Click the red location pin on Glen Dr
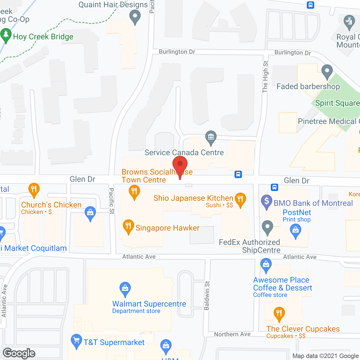tap(180, 165)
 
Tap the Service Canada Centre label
tap(184, 152)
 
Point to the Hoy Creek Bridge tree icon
tap(6, 35)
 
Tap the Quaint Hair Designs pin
tap(135, 16)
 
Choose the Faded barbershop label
tap(308, 86)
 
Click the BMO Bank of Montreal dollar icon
tap(267, 201)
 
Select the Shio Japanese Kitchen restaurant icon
tap(240, 199)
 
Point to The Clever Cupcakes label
tap(303, 329)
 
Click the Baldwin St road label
tap(207, 296)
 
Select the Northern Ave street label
tap(232, 334)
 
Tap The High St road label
tap(265, 76)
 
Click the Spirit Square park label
tap(337, 103)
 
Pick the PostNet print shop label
tap(297, 212)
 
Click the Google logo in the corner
tap(19, 353)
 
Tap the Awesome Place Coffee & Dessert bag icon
tap(266, 265)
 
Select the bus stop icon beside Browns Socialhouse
tap(238, 174)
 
